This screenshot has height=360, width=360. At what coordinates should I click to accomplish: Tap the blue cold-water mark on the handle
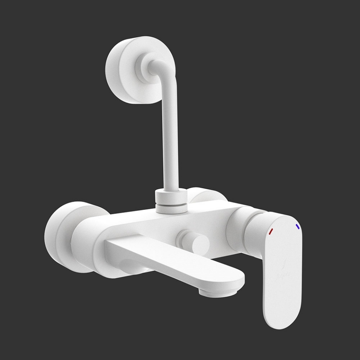pyautogui.click(x=298, y=226)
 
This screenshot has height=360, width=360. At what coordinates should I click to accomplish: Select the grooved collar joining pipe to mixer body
pyautogui.click(x=171, y=201)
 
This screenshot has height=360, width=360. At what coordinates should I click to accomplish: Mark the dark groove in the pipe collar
pyautogui.click(x=171, y=205)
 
